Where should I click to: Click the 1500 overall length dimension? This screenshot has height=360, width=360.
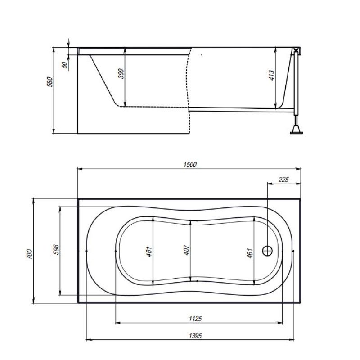pos(190,164)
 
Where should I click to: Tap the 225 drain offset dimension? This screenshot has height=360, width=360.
pos(283,179)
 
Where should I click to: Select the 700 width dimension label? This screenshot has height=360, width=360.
pos(30,254)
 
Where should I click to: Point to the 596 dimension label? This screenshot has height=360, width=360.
pos(56,250)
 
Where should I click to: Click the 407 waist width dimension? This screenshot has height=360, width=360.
pos(187,250)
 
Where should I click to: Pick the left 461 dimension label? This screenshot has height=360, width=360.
pos(149,252)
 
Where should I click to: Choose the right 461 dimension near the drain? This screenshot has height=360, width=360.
pos(250,253)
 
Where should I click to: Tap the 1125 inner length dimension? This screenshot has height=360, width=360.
pos(195,319)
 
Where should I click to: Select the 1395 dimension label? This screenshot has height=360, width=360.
pos(195,336)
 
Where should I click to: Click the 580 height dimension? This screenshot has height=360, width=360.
pos(49,82)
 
